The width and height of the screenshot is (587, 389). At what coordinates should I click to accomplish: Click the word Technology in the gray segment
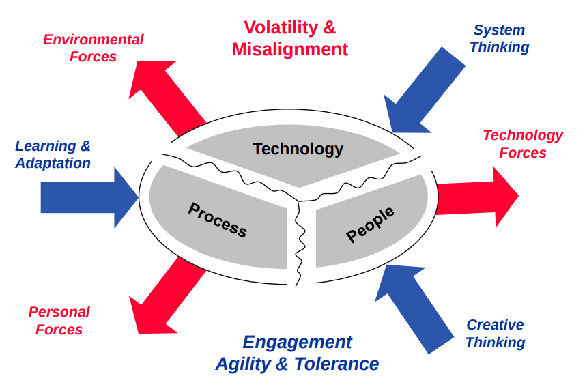coord(298,149)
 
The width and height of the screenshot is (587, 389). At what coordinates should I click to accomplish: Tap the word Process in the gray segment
coord(217,218)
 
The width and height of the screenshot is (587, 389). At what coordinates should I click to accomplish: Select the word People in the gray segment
coord(371,224)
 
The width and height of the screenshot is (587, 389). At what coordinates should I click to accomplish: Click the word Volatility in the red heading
coord(281,28)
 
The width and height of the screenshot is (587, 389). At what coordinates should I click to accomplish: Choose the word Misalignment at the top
coord(290,49)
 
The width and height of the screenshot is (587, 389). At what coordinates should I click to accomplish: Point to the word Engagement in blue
coord(298,342)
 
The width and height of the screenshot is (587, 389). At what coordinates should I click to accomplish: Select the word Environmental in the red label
coord(94,40)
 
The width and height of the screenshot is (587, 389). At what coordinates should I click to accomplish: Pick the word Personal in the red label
coord(59,312)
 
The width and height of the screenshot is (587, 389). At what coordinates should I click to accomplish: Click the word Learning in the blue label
coord(46,146)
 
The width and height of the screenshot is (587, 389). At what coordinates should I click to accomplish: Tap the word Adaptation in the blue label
coord(53,163)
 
